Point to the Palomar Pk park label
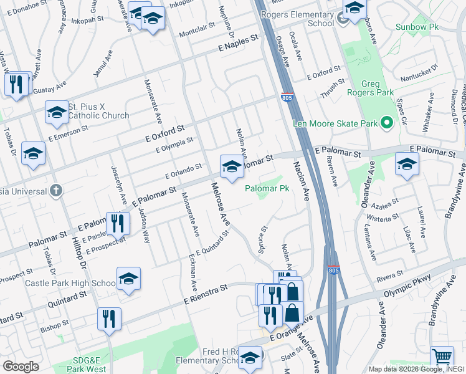[267, 188]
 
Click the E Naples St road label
[237, 42]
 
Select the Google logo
[21, 366]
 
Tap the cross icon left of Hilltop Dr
[57, 189]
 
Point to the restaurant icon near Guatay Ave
[17, 84]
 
